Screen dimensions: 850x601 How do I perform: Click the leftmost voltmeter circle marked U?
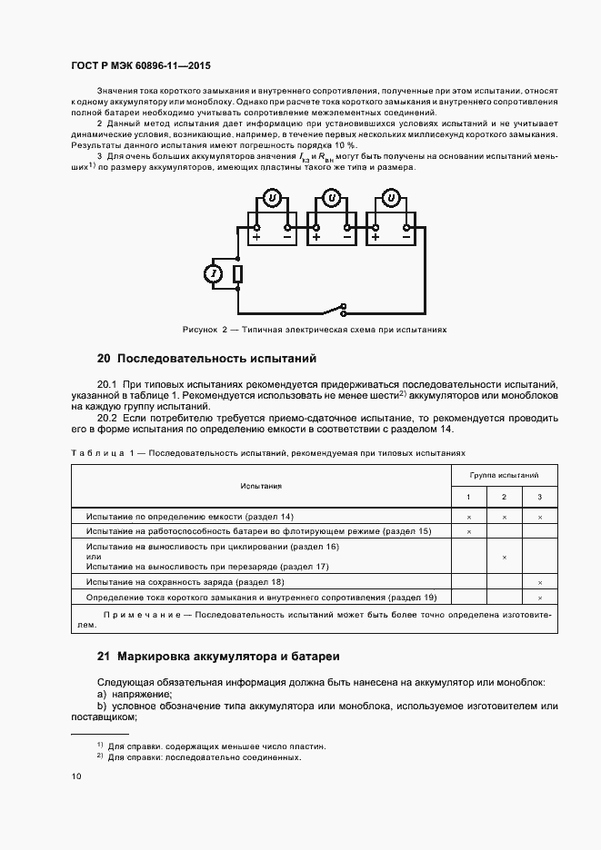[271, 198]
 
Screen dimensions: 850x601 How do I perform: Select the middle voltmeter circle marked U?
[332, 198]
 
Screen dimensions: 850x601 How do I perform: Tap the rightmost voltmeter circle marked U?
[392, 198]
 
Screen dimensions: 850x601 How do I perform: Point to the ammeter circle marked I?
[215, 274]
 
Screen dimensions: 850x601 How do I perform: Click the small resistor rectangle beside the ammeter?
[238, 274]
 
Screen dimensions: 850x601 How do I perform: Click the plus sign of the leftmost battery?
[256, 238]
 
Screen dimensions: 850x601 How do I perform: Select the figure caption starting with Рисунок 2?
[315, 330]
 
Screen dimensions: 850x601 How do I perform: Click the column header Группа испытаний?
[504, 475]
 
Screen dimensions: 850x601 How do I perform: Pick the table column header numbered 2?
[504, 497]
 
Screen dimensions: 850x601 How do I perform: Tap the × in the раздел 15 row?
[469, 530]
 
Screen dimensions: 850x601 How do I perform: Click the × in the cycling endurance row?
[504, 557]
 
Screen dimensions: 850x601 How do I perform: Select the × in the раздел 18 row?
[540, 581]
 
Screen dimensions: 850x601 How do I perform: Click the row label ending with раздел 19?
[262, 598]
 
